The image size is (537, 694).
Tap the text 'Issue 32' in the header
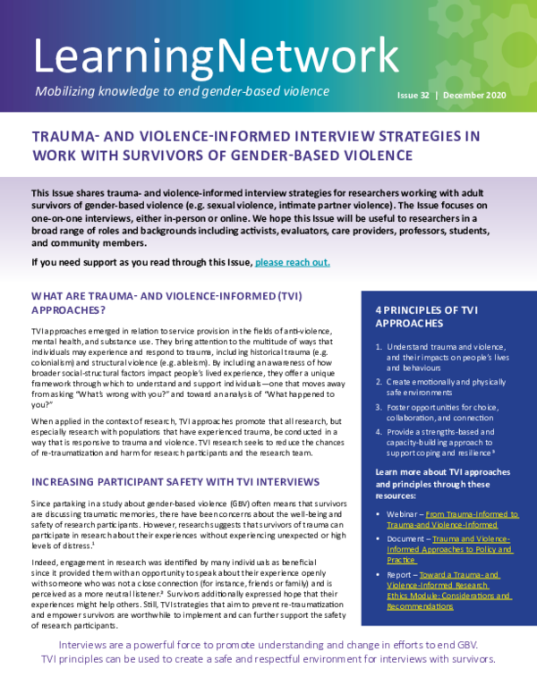[415, 94]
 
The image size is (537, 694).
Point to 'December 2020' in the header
[477, 94]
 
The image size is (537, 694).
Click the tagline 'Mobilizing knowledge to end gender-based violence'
[181, 92]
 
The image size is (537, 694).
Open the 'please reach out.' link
[293, 262]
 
